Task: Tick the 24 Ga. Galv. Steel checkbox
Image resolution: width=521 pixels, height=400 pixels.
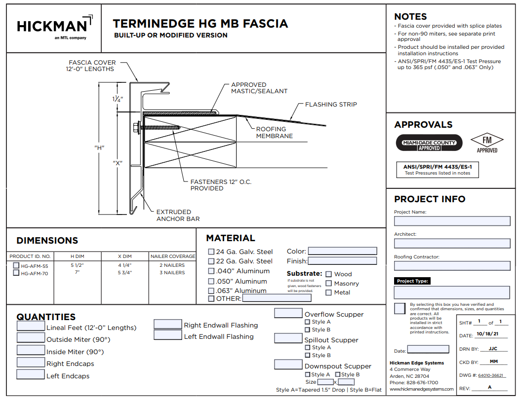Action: (211, 252)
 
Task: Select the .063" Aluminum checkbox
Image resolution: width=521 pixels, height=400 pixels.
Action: (211, 291)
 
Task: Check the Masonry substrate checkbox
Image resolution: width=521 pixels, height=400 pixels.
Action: (328, 284)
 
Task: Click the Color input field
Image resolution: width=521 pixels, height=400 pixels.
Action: (342, 251)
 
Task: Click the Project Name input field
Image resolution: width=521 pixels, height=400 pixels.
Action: (452, 221)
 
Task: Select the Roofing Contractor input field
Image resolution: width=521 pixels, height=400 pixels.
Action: (452, 266)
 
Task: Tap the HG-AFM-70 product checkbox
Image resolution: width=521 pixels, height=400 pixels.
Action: (16, 273)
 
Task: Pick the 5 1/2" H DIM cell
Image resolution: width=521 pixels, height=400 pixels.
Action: (77, 265)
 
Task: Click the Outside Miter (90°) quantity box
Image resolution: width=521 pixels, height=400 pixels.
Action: (31, 338)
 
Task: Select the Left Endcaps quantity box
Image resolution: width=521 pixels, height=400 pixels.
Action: (31, 374)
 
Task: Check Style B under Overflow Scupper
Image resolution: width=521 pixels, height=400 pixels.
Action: (307, 329)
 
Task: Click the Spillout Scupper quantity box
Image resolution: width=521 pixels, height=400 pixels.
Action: (288, 338)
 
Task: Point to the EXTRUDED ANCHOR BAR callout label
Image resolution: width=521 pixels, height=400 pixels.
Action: (178, 215)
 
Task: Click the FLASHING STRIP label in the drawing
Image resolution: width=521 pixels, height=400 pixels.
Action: (330, 105)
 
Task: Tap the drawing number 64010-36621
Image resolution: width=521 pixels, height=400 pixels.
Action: (492, 375)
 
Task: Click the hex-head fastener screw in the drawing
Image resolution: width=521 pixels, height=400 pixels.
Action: (136, 127)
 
